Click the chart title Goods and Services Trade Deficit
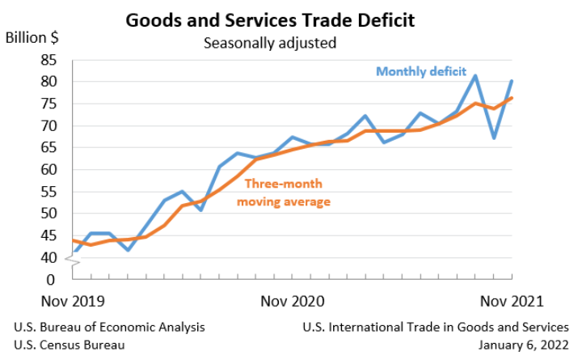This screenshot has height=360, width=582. click(269, 19)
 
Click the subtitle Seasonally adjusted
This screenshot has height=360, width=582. click(269, 42)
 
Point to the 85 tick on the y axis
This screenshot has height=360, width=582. click(48, 60)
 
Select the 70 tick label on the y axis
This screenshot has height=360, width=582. click(48, 126)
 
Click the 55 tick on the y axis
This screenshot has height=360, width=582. click(48, 192)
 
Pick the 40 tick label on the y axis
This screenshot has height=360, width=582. click(48, 258)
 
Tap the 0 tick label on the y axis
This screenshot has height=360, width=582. click(52, 280)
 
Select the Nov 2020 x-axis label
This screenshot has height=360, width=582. click(292, 301)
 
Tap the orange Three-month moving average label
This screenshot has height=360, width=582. click(283, 193)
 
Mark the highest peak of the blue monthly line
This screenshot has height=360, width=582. click(475, 76)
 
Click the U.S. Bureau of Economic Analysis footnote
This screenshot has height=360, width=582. click(109, 328)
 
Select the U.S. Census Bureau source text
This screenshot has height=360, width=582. click(70, 345)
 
